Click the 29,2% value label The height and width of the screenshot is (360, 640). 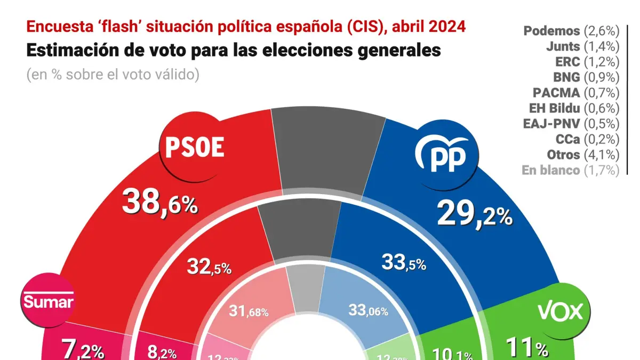(474, 214)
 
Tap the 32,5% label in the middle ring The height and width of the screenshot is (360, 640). (209, 267)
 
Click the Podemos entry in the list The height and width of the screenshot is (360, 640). (571, 31)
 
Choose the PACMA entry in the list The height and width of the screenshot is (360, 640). (576, 93)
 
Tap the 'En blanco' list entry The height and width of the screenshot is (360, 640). (571, 170)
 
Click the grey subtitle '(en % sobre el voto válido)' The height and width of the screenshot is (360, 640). (113, 75)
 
